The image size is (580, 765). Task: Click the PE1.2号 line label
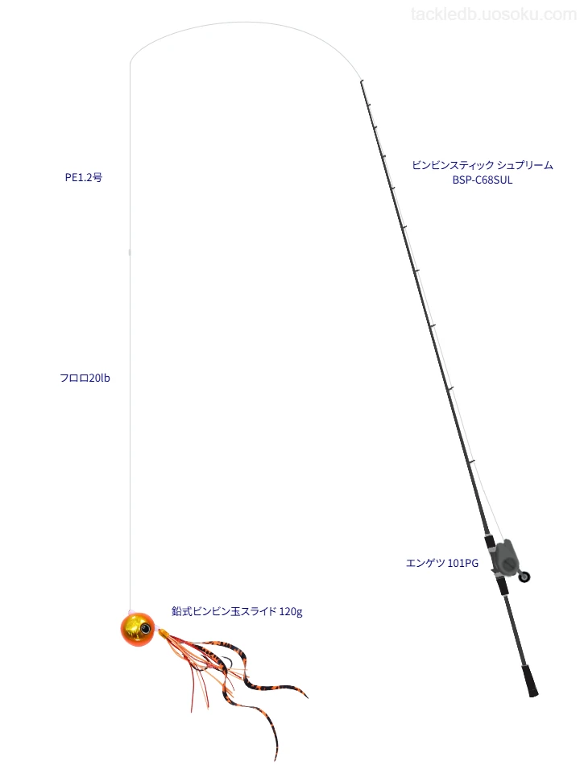[x=84, y=178]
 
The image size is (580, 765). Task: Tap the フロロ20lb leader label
[x=85, y=378]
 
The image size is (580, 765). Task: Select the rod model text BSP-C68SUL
[x=483, y=180]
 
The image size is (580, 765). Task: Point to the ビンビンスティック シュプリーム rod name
[x=483, y=165]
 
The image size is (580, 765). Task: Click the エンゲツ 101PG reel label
[x=442, y=564]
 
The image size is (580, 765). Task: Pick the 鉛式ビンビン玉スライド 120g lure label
[x=238, y=611]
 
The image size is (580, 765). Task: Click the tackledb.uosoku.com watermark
[x=494, y=14]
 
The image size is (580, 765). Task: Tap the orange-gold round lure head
[x=138, y=630]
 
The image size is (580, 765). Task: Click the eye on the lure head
[x=146, y=628]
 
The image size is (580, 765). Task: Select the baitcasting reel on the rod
[x=507, y=558]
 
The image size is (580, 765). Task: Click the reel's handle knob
[x=525, y=577]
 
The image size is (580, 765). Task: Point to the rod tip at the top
[x=361, y=81]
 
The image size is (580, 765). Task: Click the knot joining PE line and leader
[x=130, y=252]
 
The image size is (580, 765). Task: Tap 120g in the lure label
[x=291, y=612]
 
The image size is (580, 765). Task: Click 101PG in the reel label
[x=463, y=564]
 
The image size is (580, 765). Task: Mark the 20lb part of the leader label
[x=98, y=378]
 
